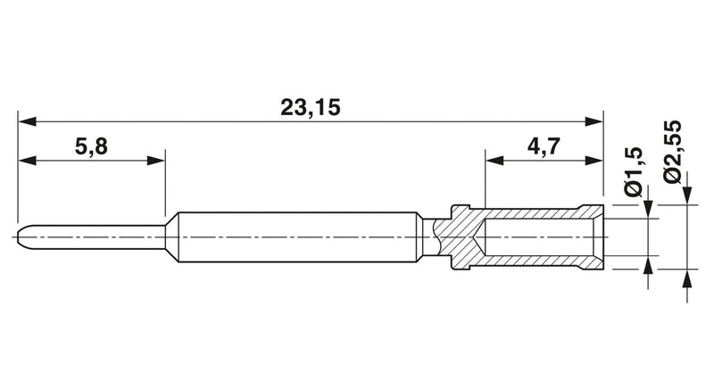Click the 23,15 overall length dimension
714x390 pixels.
pos(310,108)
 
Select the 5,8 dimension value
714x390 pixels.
pos(91,147)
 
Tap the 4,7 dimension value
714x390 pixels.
pos(544,147)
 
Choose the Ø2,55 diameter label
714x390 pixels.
pos(672,152)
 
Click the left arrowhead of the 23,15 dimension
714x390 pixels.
pos(27,121)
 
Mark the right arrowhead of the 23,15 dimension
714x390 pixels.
pos(594,121)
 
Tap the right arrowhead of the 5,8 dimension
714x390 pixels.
pos(155,160)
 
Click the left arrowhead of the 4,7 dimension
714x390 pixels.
pos(494,160)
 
